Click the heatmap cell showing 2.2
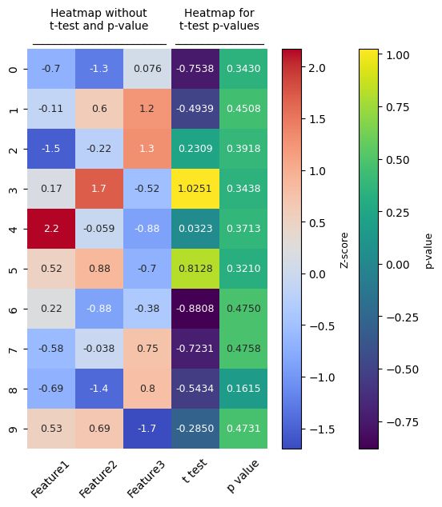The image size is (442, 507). (x=51, y=229)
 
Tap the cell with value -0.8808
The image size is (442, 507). (x=195, y=309)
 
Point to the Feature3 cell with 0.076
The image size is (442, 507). (x=147, y=69)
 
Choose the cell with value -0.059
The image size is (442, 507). (x=99, y=229)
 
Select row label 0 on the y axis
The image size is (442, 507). (x=13, y=69)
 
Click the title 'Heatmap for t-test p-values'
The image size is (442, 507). (x=219, y=19)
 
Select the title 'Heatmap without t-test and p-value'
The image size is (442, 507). (x=98, y=19)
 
